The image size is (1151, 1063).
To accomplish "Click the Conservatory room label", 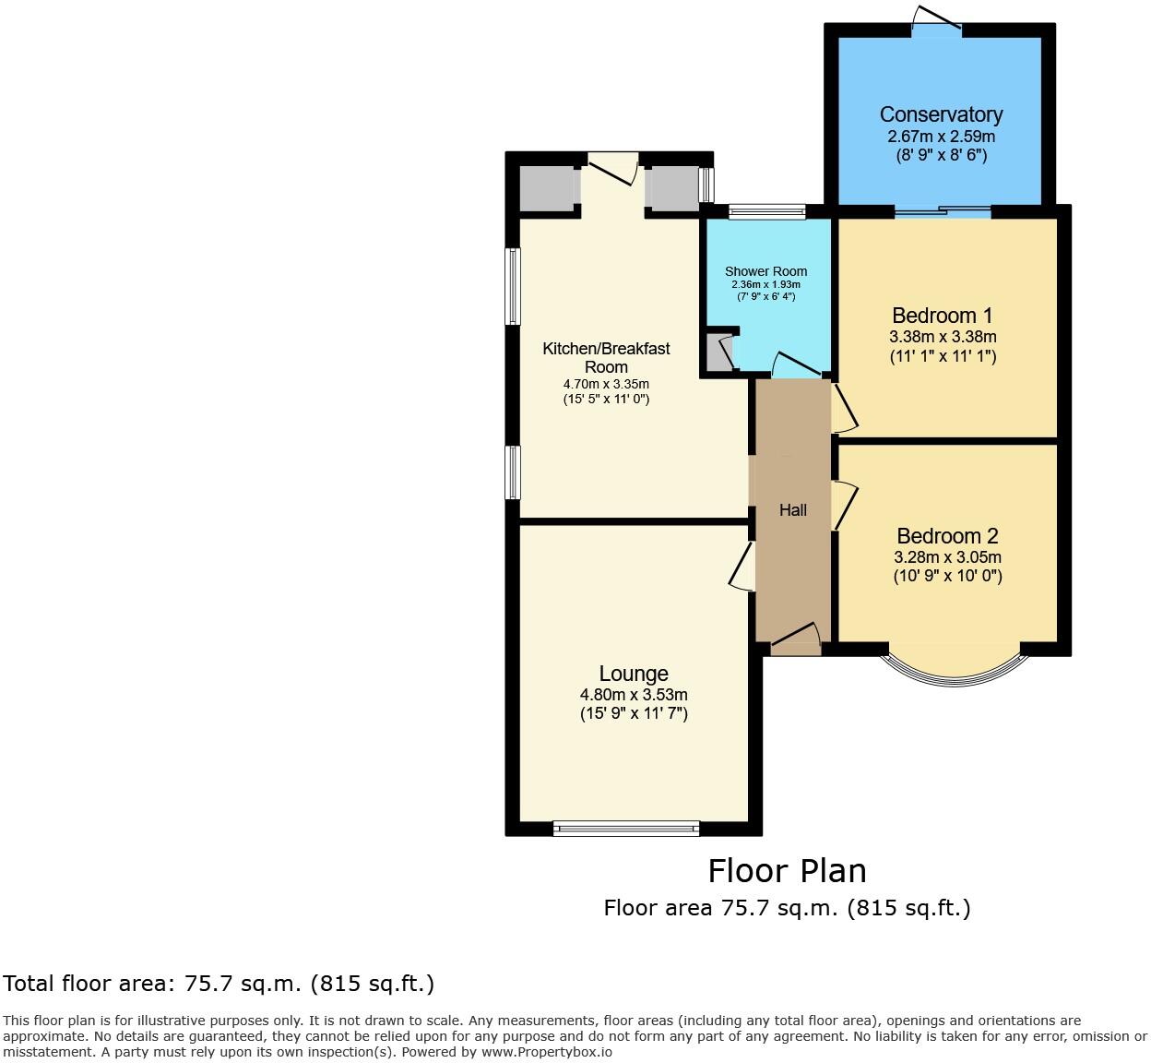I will (x=941, y=114).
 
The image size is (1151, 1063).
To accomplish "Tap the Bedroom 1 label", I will (x=942, y=316).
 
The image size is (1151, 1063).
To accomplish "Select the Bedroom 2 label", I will (x=947, y=536).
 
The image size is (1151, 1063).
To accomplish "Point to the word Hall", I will (x=793, y=510).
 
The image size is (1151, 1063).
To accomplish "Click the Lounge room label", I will (x=634, y=675).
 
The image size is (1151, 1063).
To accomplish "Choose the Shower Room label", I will (x=765, y=271).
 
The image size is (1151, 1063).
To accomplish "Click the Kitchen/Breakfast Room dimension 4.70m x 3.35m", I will (x=606, y=384).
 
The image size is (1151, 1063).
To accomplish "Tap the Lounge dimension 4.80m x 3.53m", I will (x=634, y=695).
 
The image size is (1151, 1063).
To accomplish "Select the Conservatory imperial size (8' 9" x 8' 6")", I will (x=941, y=155).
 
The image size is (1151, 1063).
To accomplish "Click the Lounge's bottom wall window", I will (x=626, y=829).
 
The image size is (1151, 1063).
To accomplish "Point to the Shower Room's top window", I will (x=766, y=212).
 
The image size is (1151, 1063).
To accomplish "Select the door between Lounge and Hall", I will (x=743, y=567).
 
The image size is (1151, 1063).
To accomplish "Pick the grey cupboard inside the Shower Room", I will (x=718, y=352).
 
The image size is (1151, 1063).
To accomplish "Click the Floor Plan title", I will (x=787, y=871).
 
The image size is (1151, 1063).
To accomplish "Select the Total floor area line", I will (x=219, y=984).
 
